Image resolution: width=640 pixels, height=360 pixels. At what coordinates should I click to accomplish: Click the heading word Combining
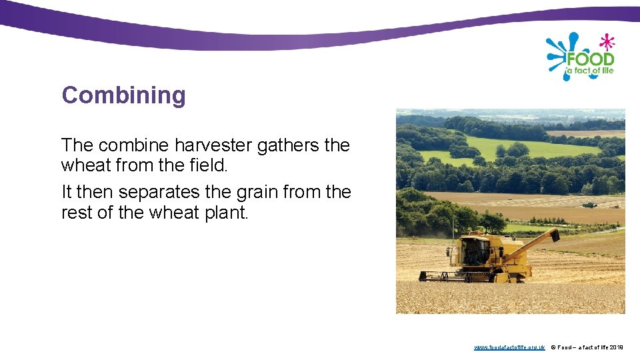coord(123,95)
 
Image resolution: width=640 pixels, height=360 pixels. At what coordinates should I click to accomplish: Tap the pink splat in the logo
coord(606,42)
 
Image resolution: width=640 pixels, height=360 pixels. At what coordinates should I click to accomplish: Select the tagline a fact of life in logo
coord(590,71)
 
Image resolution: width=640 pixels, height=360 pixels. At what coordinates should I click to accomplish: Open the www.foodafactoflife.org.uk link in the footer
coord(509,347)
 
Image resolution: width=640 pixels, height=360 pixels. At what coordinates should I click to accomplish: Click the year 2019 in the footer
coord(617,347)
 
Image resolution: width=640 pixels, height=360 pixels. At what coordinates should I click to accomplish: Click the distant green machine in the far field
coord(589,204)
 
